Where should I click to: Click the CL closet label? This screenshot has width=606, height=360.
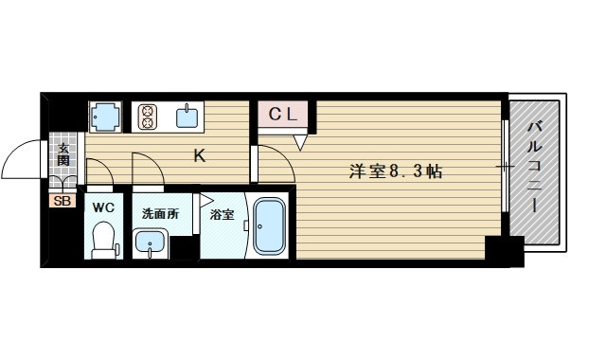point(283,115)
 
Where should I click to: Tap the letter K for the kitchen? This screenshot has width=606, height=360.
point(200,156)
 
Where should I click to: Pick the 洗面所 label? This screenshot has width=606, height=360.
point(159,213)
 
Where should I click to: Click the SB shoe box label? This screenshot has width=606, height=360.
point(62,201)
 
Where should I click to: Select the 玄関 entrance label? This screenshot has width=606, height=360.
point(63,154)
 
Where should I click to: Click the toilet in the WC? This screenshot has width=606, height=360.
point(101,241)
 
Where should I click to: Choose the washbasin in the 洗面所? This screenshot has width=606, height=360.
point(149,243)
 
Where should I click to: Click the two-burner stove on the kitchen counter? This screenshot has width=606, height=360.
point(149,117)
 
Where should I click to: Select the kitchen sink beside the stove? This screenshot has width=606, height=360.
point(187,117)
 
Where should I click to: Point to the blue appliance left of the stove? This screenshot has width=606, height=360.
point(104,117)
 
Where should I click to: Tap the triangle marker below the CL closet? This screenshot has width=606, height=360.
point(301,142)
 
